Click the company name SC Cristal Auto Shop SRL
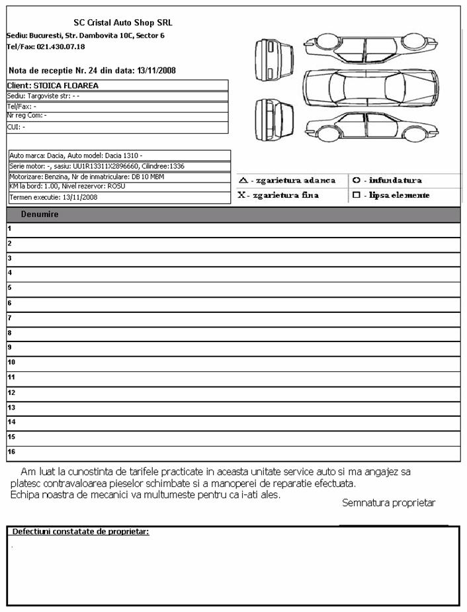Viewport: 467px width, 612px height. pos(114,22)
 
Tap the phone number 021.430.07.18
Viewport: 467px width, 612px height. pos(62,47)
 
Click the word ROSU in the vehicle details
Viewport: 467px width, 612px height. pos(116,187)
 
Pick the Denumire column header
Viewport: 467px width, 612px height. pos(40,214)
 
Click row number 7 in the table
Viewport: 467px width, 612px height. pos(9,318)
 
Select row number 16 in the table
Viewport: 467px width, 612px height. pos(11,452)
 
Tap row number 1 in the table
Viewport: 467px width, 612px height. pos(9,229)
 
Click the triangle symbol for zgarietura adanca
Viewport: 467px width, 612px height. pos(243,180)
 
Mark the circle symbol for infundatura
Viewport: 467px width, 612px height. pos(357,180)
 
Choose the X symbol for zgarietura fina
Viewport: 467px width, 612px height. pos(242,195)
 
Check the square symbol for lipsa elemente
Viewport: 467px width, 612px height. pos(357,195)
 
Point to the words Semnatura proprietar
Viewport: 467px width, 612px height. pos(388,503)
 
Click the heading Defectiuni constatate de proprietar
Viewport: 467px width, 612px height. pos(81,532)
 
